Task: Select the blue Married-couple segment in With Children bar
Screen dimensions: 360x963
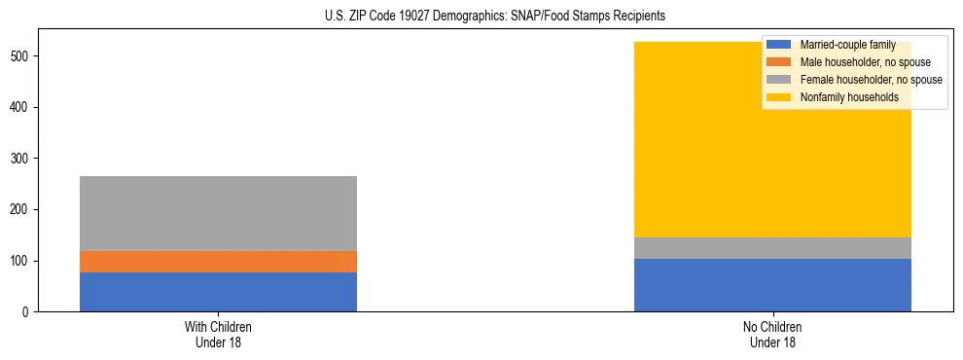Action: pos(218,292)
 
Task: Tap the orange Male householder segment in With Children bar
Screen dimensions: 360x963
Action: pos(218,262)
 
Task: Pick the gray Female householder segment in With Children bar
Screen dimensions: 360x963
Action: pos(218,213)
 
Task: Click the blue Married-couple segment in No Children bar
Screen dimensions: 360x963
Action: pos(772,285)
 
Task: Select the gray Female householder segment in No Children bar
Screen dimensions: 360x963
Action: pos(772,248)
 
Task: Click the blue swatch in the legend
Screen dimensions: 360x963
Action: pos(778,45)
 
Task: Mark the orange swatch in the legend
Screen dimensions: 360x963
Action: pos(778,62)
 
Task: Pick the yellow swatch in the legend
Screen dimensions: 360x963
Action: pos(778,97)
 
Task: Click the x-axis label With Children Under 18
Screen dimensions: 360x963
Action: pos(218,334)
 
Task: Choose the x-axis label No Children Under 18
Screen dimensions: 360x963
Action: pos(772,334)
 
